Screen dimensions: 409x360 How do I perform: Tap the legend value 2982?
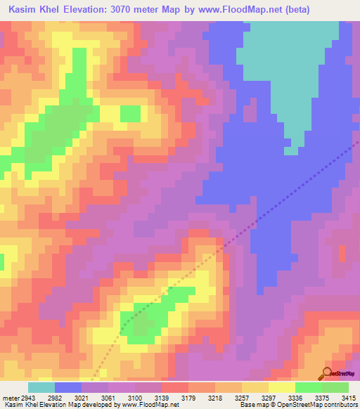(54, 398)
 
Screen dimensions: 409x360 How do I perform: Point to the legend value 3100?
(136, 398)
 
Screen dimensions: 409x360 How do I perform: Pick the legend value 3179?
(189, 398)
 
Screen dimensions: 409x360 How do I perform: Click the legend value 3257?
(243, 398)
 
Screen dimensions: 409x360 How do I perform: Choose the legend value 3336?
(296, 398)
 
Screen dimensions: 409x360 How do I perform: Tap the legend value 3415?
(349, 398)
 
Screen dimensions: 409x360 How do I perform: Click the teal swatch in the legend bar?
(41, 387)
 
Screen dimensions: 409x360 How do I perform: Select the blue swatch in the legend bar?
(68, 387)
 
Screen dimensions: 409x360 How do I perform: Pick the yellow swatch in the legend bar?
(282, 387)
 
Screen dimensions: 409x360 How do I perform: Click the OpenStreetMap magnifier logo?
(328, 373)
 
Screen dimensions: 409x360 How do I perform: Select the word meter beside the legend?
(11, 398)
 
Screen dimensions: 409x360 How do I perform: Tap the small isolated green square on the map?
(130, 112)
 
